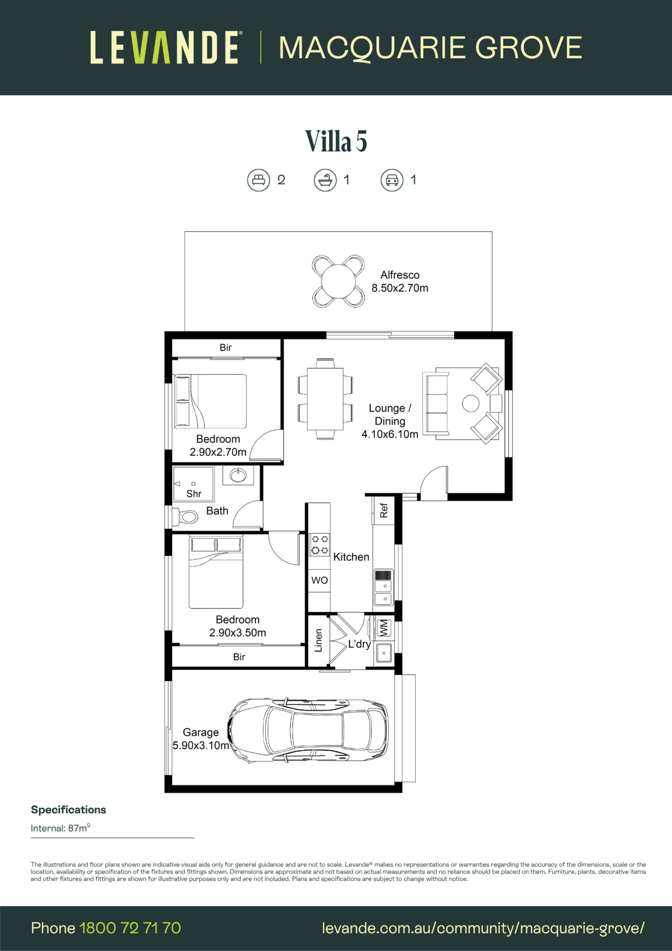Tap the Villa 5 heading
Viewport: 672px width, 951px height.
click(x=336, y=141)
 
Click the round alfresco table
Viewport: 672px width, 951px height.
click(x=338, y=281)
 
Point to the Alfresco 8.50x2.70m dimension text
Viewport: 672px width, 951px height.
click(x=400, y=281)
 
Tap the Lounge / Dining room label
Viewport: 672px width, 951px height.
click(x=390, y=421)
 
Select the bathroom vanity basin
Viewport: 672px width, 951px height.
click(x=238, y=475)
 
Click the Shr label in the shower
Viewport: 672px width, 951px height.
click(x=194, y=494)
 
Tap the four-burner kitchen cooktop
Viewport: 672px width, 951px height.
click(x=320, y=544)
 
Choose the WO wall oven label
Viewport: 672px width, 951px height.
click(x=319, y=580)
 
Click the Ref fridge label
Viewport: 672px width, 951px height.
click(x=384, y=510)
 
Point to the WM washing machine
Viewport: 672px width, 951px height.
click(x=384, y=628)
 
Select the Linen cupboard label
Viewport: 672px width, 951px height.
click(x=318, y=640)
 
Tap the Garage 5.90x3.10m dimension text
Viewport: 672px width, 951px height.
click(x=201, y=739)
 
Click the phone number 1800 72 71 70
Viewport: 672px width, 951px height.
click(x=130, y=928)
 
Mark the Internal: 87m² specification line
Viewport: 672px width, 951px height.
click(x=61, y=828)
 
